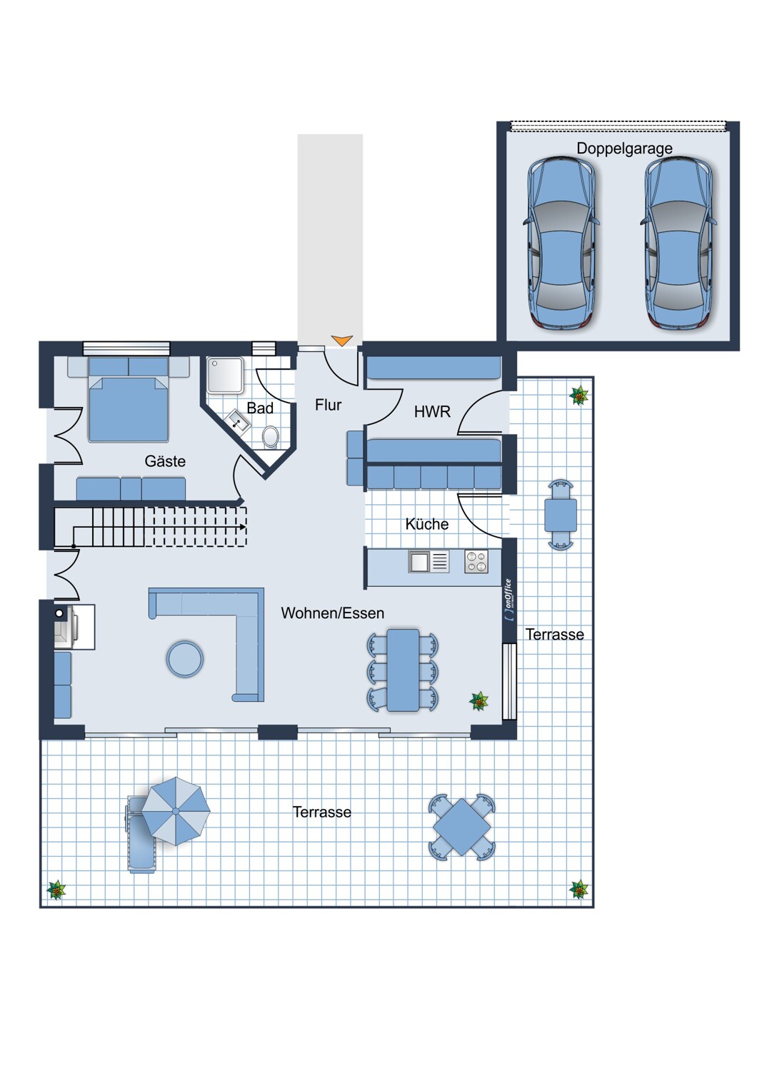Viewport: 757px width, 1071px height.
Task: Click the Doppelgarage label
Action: tap(624, 149)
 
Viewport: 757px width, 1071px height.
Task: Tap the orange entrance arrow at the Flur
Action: tap(342, 341)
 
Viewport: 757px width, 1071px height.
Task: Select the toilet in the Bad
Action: tap(270, 436)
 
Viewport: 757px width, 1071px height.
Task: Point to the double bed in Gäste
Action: tap(129, 407)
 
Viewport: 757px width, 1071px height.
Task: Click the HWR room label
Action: tap(432, 412)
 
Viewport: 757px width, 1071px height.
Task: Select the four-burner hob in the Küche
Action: tap(476, 562)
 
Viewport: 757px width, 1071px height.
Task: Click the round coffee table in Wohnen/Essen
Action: tap(185, 658)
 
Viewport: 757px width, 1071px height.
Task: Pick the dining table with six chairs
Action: tap(403, 670)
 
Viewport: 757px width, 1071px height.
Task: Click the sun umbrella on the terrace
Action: tap(176, 811)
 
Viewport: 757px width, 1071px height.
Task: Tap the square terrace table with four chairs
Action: tap(462, 827)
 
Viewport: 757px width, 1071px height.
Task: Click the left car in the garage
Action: tap(562, 243)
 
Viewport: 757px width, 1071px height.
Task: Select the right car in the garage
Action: tap(679, 243)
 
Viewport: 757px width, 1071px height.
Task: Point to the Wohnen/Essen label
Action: tap(332, 613)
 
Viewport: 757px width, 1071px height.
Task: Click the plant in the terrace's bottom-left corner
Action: tap(56, 890)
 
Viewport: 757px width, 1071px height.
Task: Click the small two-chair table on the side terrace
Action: tap(561, 515)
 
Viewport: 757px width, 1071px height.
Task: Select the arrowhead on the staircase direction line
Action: tap(244, 527)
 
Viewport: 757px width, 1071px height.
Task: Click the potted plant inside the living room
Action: tap(479, 701)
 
